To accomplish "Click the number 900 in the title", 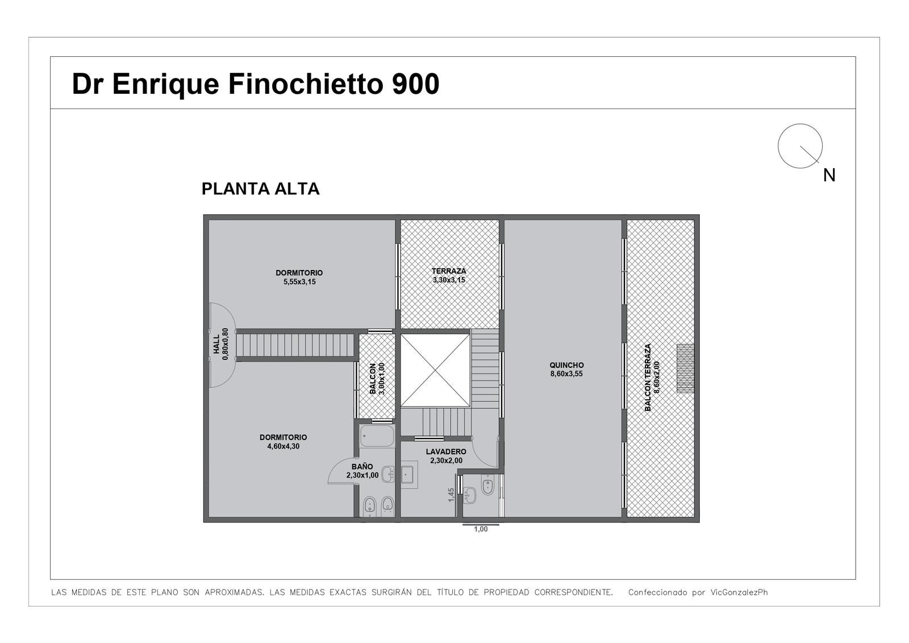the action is [415, 84].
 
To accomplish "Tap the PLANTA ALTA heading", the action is [261, 189].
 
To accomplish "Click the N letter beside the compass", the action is [829, 176].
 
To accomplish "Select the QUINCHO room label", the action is [566, 365].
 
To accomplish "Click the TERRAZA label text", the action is [449, 271].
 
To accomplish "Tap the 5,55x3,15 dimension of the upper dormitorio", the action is [299, 282].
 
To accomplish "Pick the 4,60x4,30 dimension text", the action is [283, 446].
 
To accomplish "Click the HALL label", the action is [216, 344].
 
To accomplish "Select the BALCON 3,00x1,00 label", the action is [377, 379].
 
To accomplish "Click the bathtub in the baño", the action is [377, 436].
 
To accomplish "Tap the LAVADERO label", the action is [446, 451].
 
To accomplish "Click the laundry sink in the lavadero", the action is [408, 474].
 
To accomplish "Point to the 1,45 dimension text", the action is [451, 495].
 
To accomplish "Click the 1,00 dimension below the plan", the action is [481, 529].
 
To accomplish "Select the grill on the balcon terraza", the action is [685, 368].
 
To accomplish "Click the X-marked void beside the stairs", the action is [435, 370].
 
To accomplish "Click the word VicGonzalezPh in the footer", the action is [739, 592].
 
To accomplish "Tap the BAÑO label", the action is [362, 467].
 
